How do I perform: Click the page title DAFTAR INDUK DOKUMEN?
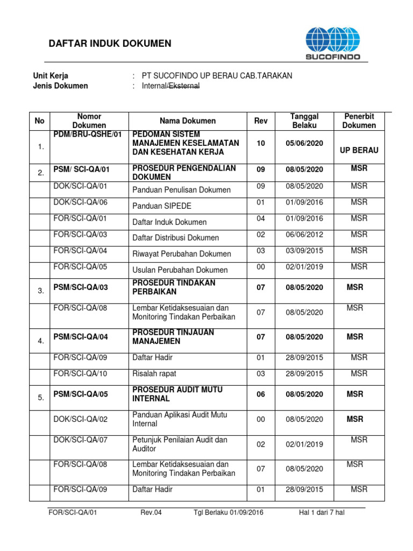[x=110, y=44]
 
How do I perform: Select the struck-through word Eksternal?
[x=184, y=86]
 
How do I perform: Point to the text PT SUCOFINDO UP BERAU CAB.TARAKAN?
[x=217, y=75]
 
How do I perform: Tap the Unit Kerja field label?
[x=51, y=75]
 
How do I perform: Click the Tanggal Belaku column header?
[x=304, y=121]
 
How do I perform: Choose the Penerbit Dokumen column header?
[x=359, y=121]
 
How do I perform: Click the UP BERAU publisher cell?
[x=359, y=150]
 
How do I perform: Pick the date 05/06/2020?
[x=304, y=143]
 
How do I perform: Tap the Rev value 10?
[x=261, y=143]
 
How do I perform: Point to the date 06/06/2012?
[x=304, y=235]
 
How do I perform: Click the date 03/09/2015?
[x=304, y=251]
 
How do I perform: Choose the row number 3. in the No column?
[x=40, y=291]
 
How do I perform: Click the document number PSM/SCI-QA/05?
[x=81, y=394]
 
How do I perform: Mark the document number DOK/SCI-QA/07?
[x=81, y=440]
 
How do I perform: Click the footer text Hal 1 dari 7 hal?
[x=322, y=512]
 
